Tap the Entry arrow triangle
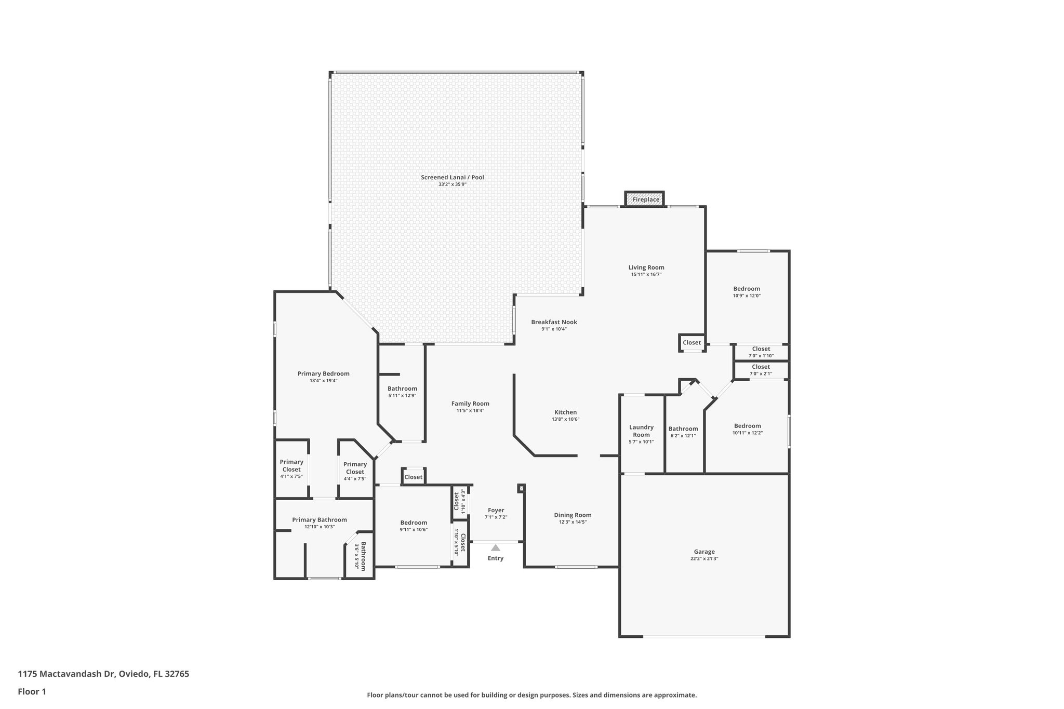point(496,547)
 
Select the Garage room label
point(704,552)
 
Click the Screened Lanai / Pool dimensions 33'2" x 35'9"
point(452,184)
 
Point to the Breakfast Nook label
point(554,322)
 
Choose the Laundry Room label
point(641,431)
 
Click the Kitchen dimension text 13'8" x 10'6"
point(565,419)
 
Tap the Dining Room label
point(573,515)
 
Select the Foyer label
point(496,510)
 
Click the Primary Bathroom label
point(319,519)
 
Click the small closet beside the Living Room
point(691,343)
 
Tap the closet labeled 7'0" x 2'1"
point(761,370)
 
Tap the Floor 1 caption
point(32,691)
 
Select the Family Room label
point(470,404)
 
